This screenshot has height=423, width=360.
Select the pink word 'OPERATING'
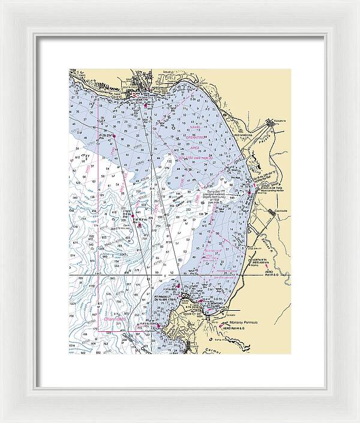(x=196, y=137)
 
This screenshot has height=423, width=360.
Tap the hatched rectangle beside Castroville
(x=278, y=212)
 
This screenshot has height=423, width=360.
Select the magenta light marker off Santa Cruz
(x=146, y=104)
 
